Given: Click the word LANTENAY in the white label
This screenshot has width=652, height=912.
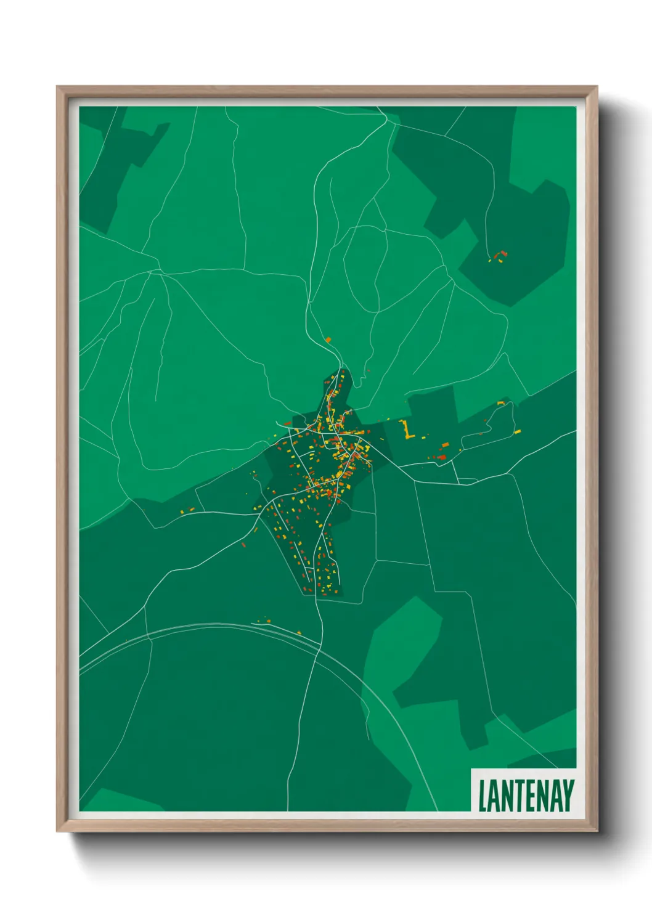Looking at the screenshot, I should click(526, 796).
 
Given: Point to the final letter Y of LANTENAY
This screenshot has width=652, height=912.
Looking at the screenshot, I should click(568, 796).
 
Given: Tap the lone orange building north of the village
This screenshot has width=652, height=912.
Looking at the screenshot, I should click(328, 340).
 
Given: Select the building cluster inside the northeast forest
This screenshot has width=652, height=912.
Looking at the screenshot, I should click(499, 256).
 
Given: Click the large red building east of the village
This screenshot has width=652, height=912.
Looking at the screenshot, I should click(441, 457).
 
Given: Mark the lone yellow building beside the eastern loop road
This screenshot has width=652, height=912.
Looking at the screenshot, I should click(518, 431).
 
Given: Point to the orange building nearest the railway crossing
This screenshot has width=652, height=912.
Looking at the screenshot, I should click(298, 633).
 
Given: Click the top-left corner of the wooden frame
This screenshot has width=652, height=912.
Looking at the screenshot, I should click(58, 88).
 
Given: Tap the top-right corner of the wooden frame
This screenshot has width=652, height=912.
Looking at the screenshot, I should click(596, 88).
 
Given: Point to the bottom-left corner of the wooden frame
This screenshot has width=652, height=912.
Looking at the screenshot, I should click(58, 831).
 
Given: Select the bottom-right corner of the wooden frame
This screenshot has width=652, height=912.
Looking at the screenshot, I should click(596, 831).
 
